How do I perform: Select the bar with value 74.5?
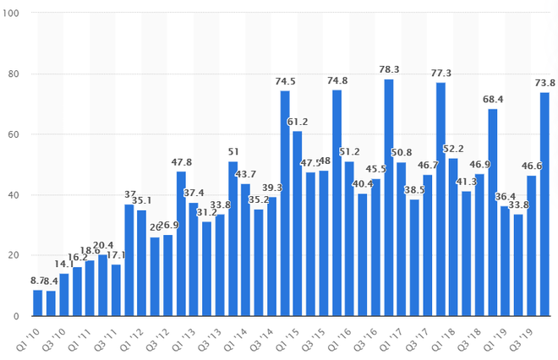click(x=285, y=204)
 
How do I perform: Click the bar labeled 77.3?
click(x=440, y=199)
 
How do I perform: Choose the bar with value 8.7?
click(x=37, y=303)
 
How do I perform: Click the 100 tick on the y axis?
click(x=15, y=14)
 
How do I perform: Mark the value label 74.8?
click(x=336, y=82)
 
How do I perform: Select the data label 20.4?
click(x=103, y=246)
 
